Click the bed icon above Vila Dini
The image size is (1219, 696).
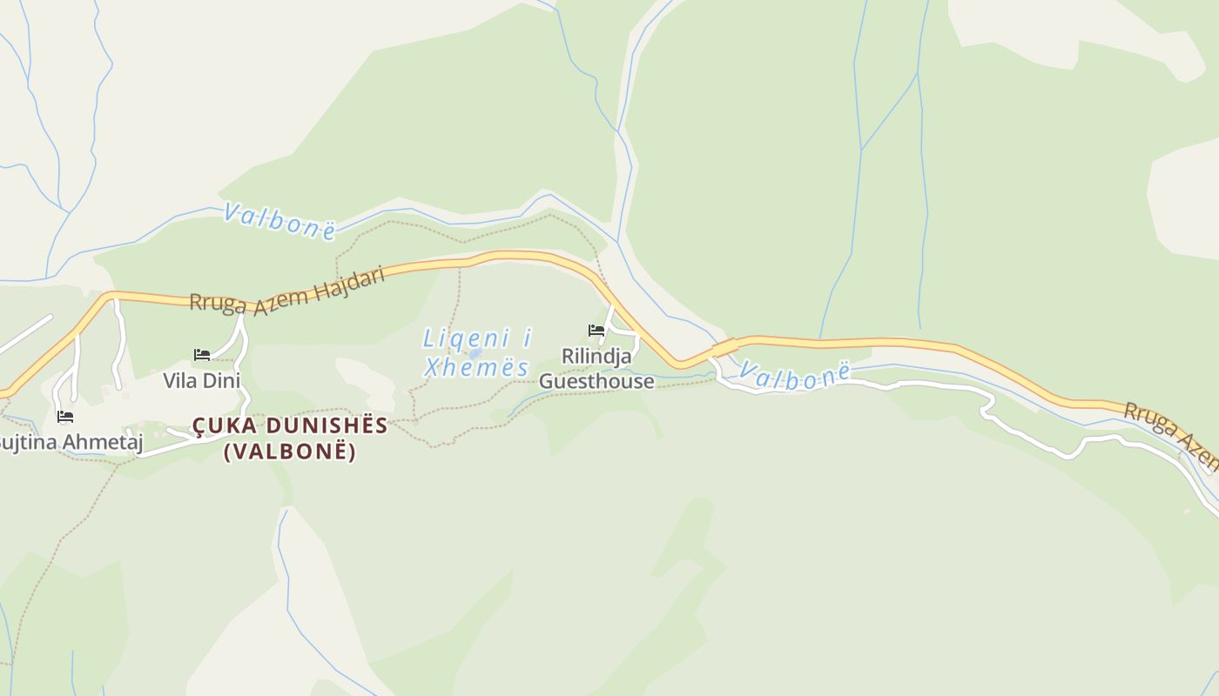[202, 355]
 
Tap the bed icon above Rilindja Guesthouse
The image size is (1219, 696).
[596, 331]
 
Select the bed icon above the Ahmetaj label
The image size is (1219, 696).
[65, 417]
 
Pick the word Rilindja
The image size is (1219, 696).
[596, 357]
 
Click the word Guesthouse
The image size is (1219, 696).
[596, 381]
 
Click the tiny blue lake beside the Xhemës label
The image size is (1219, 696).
[475, 354]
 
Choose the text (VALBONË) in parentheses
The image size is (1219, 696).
[290, 452]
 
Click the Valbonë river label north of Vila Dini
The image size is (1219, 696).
[279, 220]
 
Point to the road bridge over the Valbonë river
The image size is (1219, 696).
[724, 348]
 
